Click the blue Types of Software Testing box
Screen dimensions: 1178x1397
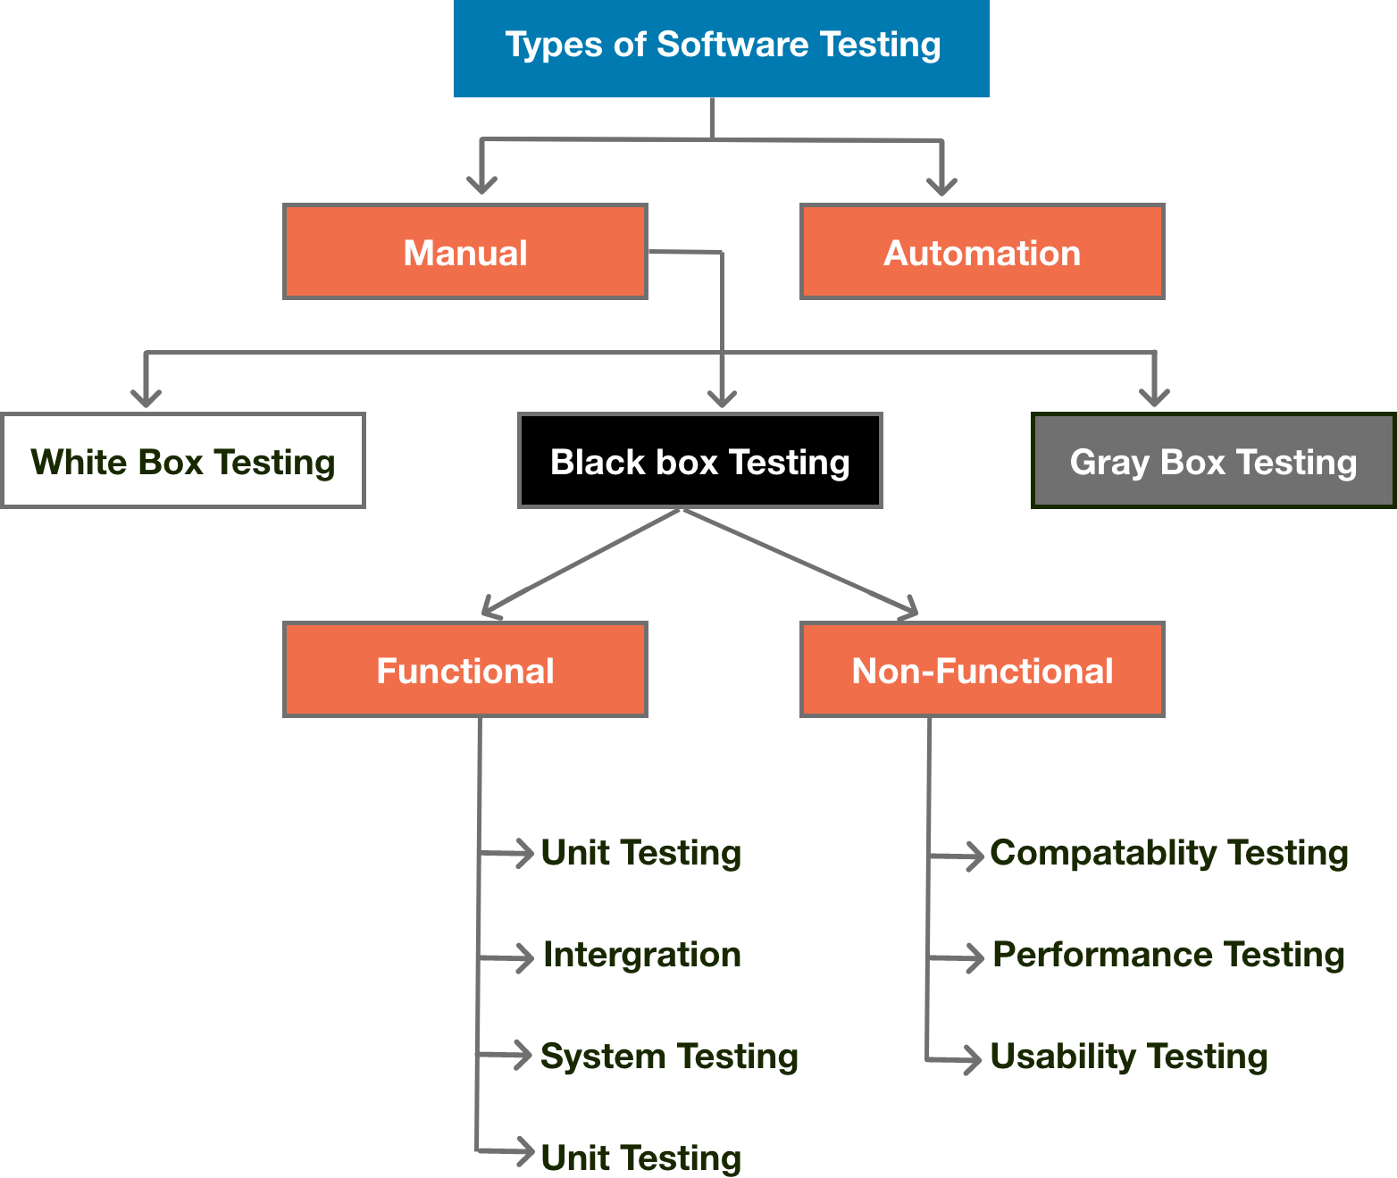tap(721, 48)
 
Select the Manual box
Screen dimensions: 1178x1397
tap(464, 252)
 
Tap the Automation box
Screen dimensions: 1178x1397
tap(982, 252)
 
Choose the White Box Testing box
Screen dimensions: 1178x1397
tap(183, 461)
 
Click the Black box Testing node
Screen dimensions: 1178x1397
tap(699, 461)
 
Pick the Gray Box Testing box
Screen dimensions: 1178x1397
tap(1213, 461)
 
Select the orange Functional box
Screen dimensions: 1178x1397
tap(464, 670)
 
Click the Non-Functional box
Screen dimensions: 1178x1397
tap(982, 670)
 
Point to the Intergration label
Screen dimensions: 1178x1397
tap(641, 955)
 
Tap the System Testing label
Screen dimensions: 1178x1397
tap(669, 1057)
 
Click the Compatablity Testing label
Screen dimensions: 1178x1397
tap(1169, 853)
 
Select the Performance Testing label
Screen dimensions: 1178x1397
tap(1168, 955)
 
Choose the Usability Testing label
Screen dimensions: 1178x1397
tap(1129, 1057)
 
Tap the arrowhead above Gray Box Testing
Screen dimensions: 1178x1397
tap(1154, 397)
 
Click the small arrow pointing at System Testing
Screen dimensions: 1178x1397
tap(523, 1055)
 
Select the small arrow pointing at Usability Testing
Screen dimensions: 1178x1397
tap(972, 1060)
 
